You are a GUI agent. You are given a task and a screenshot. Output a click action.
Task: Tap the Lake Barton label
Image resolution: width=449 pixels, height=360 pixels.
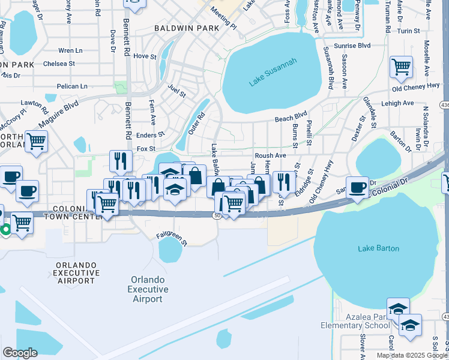coord(378,248)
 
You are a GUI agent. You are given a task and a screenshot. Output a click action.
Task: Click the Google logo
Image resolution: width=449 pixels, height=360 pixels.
coord(20,353)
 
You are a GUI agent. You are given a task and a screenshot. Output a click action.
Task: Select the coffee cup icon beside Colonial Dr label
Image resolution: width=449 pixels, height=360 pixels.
coord(357,187)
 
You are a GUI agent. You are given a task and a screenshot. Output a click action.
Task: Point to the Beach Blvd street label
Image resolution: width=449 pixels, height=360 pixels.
coord(291,119)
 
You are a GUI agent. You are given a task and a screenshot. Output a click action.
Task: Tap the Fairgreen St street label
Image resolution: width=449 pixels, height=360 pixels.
coord(172,239)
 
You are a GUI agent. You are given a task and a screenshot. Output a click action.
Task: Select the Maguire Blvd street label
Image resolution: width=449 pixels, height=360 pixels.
coord(59,114)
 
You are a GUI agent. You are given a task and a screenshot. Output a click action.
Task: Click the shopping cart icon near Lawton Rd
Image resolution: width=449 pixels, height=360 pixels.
coord(36,142)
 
